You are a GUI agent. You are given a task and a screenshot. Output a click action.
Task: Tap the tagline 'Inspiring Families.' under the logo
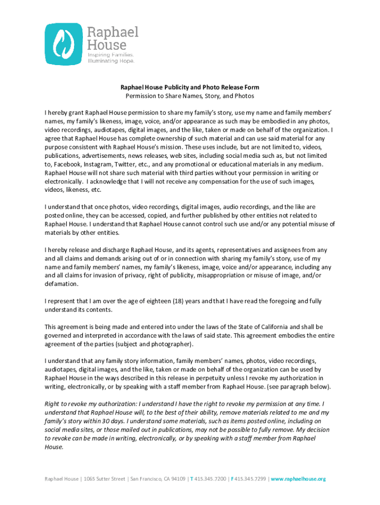pyautogui.click(x=111, y=55)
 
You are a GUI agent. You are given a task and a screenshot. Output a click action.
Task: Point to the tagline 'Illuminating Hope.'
pyautogui.click(x=111, y=61)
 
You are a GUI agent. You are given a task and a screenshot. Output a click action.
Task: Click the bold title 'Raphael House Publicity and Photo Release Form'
pyautogui.click(x=190, y=87)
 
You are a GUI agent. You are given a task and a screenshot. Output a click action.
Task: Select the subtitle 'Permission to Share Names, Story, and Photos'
pyautogui.click(x=190, y=96)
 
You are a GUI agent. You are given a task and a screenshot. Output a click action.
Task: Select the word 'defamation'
pyautogui.click(x=61, y=284)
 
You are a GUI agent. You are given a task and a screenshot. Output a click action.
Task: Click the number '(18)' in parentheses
pyautogui.click(x=178, y=301)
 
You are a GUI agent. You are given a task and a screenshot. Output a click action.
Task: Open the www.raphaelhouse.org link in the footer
pyautogui.click(x=298, y=479)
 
